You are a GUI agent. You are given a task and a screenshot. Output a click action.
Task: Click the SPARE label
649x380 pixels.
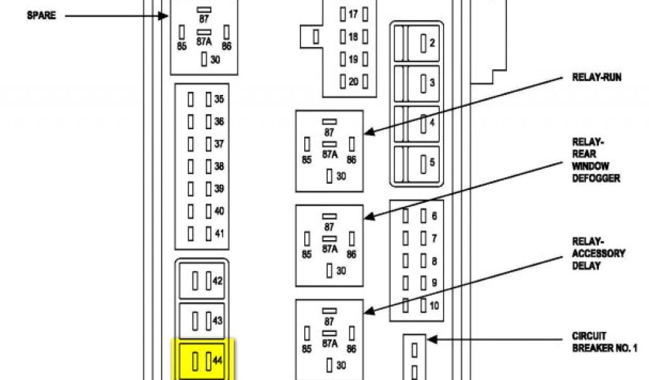[41, 15]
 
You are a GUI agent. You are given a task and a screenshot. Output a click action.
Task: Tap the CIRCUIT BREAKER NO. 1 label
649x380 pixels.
[605, 342]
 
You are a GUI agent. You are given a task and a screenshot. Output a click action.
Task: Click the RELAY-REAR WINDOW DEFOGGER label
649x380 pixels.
[596, 161]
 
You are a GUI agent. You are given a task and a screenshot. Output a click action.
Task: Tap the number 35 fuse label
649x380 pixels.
[219, 99]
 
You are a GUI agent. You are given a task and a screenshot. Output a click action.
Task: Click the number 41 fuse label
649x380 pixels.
[219, 234]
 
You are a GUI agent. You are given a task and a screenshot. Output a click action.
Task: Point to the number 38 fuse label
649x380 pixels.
[219, 167]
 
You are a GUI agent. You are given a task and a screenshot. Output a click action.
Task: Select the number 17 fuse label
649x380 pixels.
[353, 13]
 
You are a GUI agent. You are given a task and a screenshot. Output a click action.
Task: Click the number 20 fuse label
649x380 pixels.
[353, 82]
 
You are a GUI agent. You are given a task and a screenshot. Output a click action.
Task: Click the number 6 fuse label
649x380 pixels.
[434, 217]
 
